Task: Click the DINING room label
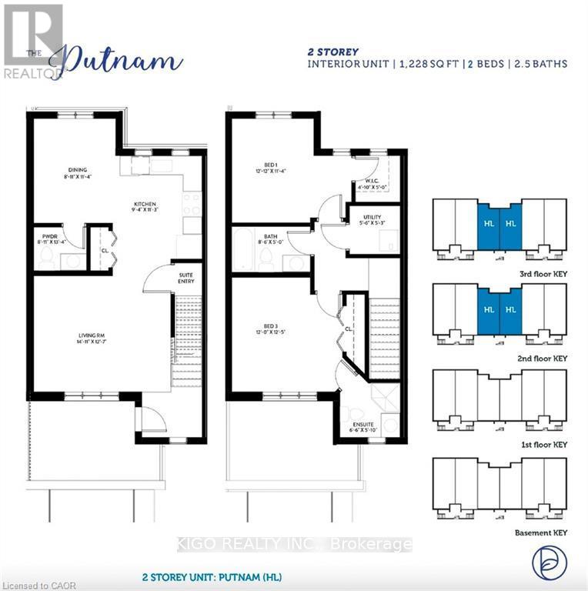click(x=77, y=170)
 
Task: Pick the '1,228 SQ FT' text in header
click(x=429, y=64)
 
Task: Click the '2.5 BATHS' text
click(x=538, y=64)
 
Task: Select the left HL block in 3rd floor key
click(x=489, y=224)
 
